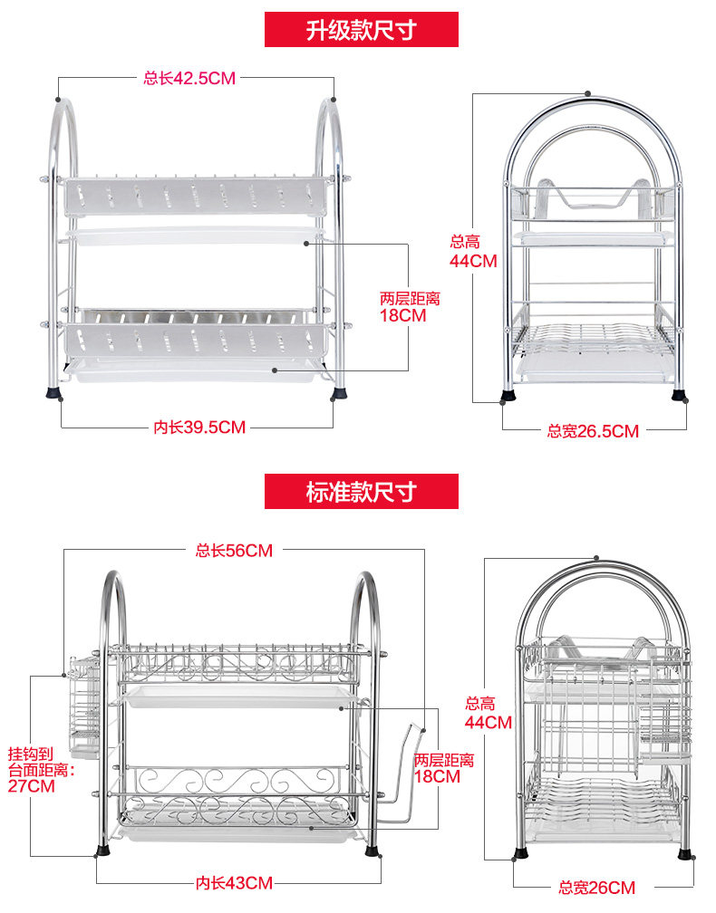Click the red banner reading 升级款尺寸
(x=361, y=29)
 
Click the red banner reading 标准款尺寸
(x=361, y=492)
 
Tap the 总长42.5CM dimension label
(x=189, y=79)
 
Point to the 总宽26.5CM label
(x=593, y=431)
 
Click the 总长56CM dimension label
(x=234, y=550)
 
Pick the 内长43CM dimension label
(x=234, y=882)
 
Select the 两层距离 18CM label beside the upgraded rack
(x=410, y=307)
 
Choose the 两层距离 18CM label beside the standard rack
(x=444, y=768)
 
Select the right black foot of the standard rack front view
(x=372, y=851)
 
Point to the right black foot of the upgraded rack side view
(x=679, y=395)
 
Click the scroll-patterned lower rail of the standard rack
(x=236, y=779)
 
